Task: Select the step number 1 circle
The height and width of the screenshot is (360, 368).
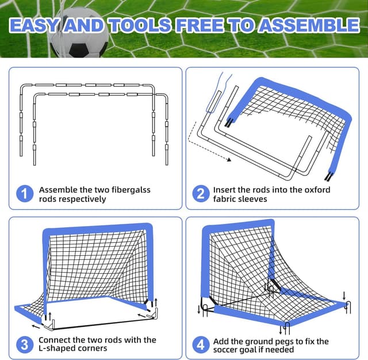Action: tap(24, 194)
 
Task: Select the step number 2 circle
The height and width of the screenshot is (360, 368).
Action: tap(200, 194)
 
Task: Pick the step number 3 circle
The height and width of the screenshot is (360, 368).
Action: tap(24, 344)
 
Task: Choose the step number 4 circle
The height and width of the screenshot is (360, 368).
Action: tap(200, 344)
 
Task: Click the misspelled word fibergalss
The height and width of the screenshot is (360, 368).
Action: tap(128, 189)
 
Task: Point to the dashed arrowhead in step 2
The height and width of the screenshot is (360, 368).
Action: tap(228, 161)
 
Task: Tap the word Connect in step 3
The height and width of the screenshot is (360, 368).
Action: tap(56, 340)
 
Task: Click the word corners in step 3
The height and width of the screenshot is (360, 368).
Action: tap(95, 349)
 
